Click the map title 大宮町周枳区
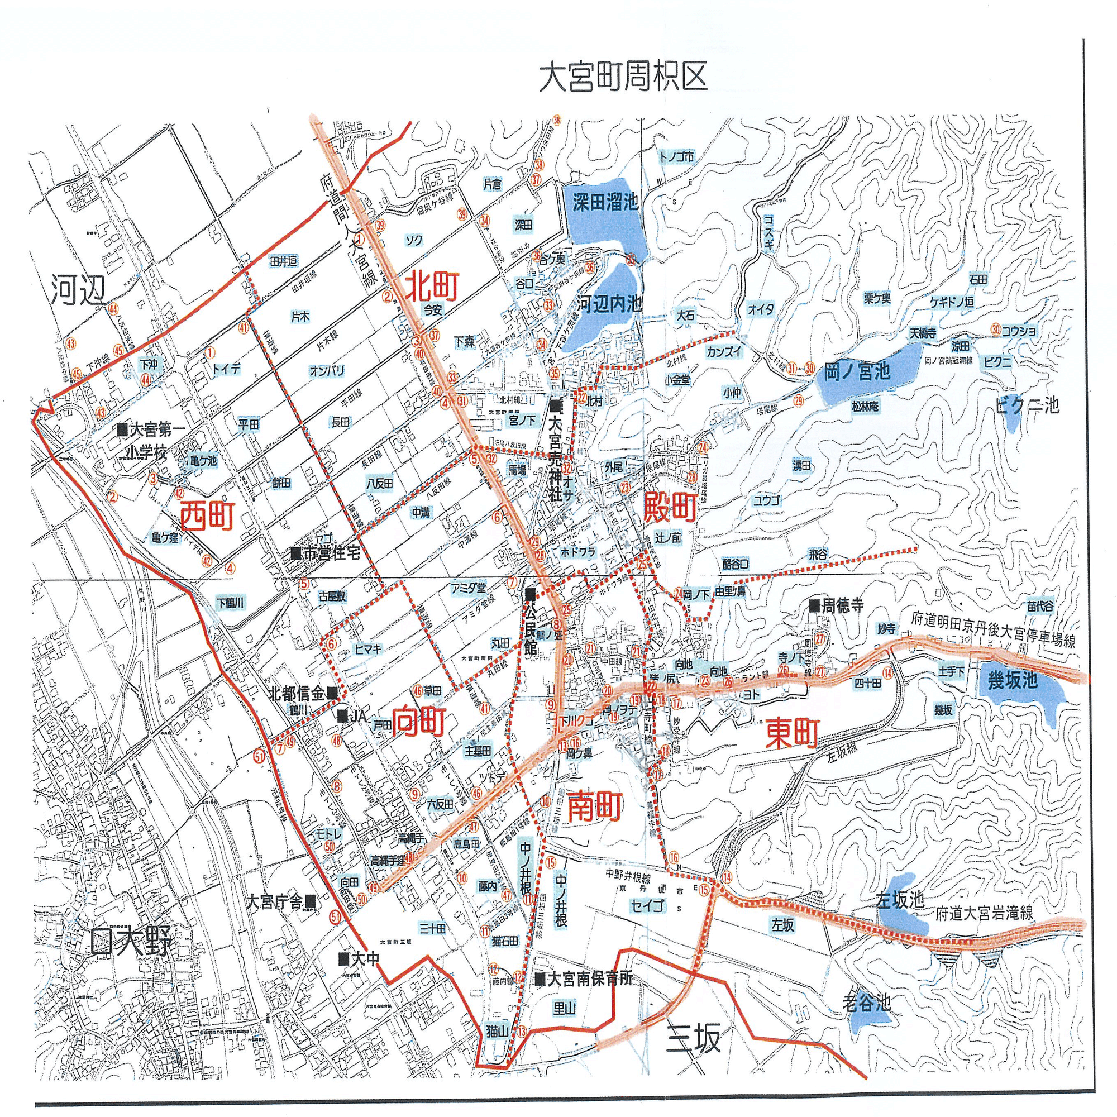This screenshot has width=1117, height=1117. [x=623, y=78]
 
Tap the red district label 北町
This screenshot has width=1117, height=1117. [x=431, y=287]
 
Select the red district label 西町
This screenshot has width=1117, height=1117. [x=207, y=516]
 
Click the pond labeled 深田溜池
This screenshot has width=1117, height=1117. [x=605, y=202]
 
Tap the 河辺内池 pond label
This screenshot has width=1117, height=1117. [x=610, y=304]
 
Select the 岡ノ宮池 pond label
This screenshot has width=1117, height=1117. [x=857, y=372]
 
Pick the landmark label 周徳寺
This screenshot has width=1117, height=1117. [x=842, y=606]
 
